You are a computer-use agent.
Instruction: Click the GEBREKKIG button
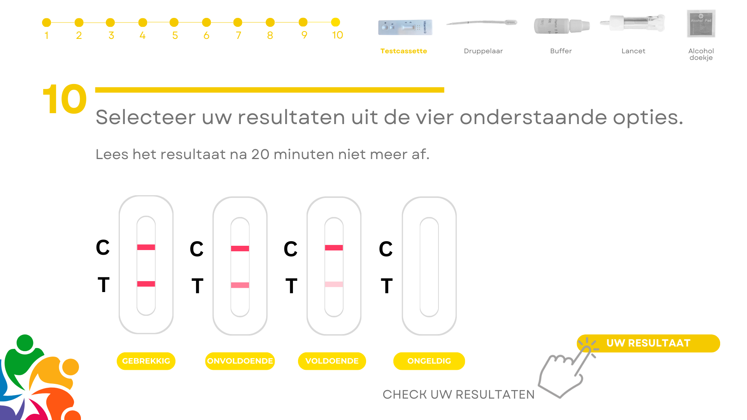[x=146, y=361]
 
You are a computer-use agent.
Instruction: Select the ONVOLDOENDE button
[x=240, y=361]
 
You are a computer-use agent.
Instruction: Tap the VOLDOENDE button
[x=332, y=361]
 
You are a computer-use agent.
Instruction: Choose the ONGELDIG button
[x=429, y=361]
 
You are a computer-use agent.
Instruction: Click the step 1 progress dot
[x=47, y=23]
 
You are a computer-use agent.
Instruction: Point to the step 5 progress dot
[x=174, y=22]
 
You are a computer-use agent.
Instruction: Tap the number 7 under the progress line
[x=238, y=35]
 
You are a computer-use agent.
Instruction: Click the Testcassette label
[x=403, y=51]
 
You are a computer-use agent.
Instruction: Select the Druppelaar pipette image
[x=482, y=23]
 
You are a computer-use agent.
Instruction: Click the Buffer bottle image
[x=562, y=26]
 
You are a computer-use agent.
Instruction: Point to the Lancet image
[x=633, y=23]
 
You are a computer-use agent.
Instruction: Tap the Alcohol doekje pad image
[x=701, y=23]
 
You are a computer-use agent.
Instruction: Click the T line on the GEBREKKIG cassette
[x=146, y=284]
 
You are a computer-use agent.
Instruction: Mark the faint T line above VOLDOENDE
[x=334, y=284]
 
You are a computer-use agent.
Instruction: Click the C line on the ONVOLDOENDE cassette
[x=240, y=248]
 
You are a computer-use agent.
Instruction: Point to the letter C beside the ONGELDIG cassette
[x=386, y=249]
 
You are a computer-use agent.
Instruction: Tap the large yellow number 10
[x=65, y=99]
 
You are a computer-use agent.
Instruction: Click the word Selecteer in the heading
[x=146, y=117]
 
